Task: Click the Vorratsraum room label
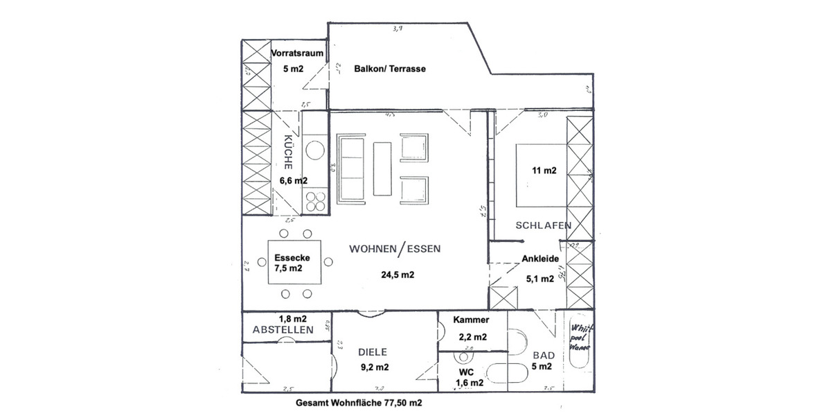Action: [x=297, y=52]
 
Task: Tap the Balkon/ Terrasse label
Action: [x=389, y=69]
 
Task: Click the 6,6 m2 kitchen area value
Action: [x=294, y=180]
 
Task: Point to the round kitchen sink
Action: [x=317, y=150]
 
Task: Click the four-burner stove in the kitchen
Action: [x=316, y=200]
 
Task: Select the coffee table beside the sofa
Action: [x=382, y=169]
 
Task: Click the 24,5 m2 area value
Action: [x=397, y=275]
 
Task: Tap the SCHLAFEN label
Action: [x=542, y=225]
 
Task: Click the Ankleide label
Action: [x=540, y=260]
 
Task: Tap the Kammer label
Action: [x=472, y=320]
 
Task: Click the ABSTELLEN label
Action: [x=282, y=331]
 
